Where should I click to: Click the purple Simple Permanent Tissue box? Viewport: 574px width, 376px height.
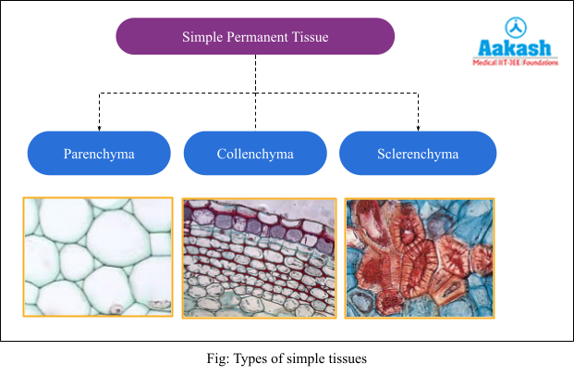pos(255,36)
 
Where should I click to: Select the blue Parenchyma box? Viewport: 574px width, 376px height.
pos(99,154)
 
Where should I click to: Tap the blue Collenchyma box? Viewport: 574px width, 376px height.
pos(255,154)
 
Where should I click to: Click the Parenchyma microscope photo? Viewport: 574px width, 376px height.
pos(98,257)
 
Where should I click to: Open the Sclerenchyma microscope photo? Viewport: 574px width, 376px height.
pos(420,257)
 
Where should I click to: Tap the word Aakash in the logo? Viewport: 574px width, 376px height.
pos(515,49)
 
